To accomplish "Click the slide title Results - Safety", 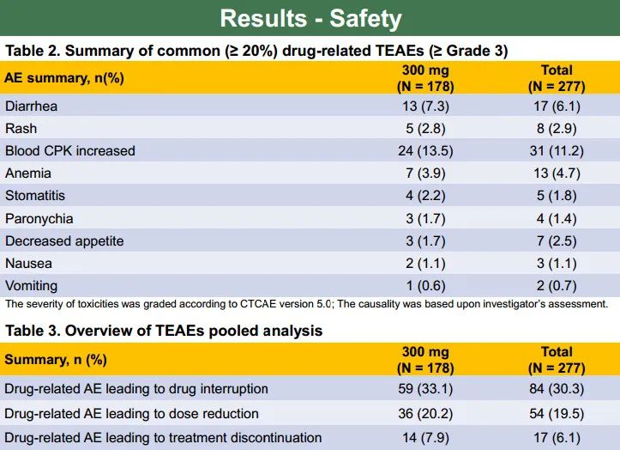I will tap(310, 18).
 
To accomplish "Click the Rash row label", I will tap(21, 128).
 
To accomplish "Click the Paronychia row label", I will tap(39, 218).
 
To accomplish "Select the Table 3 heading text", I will tap(164, 330).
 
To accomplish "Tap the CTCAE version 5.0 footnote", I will tap(306, 304).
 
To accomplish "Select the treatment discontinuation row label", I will tap(164, 438).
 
